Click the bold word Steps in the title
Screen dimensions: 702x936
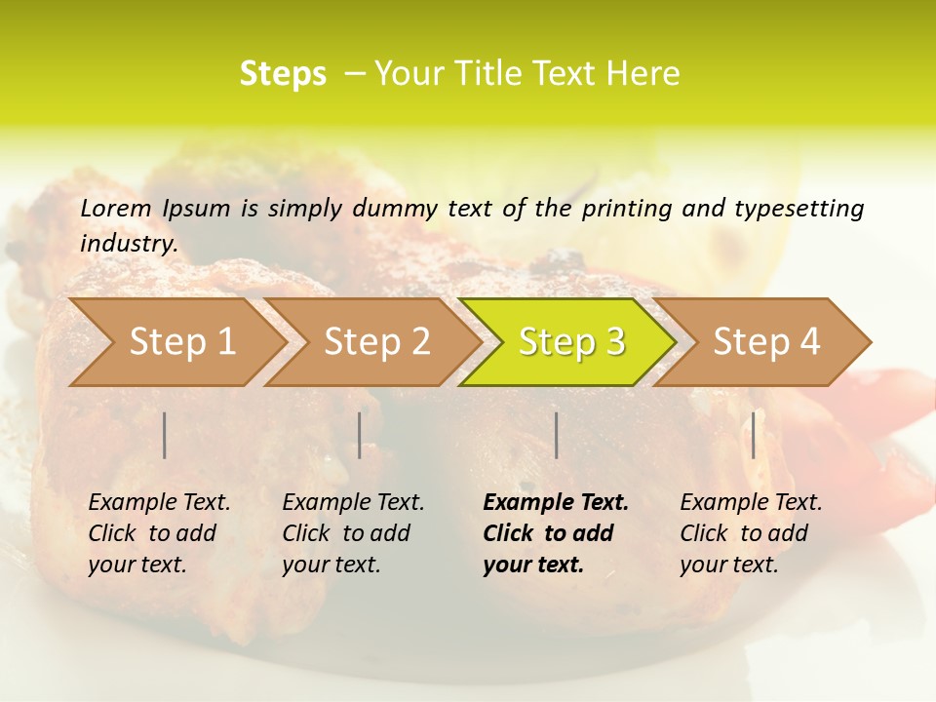pos(283,74)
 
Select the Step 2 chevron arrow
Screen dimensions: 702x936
pos(376,342)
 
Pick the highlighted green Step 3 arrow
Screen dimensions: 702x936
pos(571,342)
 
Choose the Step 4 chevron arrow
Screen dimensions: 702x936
pos(766,342)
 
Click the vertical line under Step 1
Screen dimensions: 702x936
pos(165,435)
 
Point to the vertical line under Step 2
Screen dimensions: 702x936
pos(360,435)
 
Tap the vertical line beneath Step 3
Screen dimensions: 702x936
pos(556,435)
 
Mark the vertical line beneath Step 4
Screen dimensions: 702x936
pos(753,435)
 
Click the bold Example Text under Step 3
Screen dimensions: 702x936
pos(556,533)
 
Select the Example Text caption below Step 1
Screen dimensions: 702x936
pos(159,533)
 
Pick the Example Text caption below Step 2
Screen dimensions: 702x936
pos(353,533)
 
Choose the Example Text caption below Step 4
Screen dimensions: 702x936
pos(751,533)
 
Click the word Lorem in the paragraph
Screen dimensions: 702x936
pos(116,209)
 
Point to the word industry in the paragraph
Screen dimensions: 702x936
pos(128,244)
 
